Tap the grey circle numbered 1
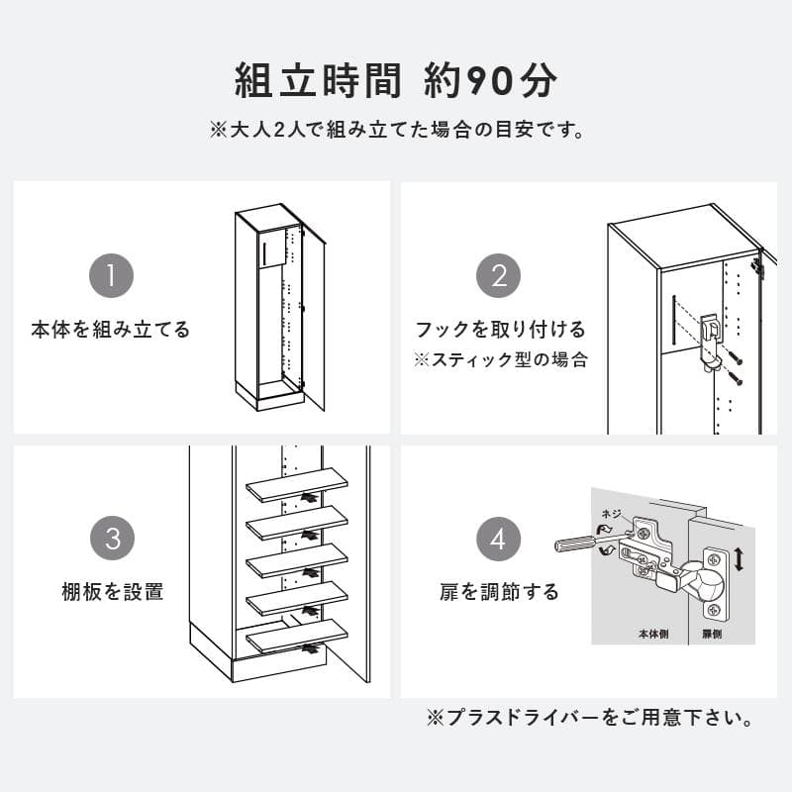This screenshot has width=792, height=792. (x=112, y=276)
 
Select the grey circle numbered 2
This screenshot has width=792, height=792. (x=499, y=276)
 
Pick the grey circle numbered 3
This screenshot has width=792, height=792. (x=112, y=540)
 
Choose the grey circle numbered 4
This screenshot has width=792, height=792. (x=499, y=540)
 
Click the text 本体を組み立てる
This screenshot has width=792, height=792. (x=111, y=330)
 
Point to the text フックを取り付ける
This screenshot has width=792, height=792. (x=500, y=330)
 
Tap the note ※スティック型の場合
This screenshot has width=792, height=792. (x=500, y=359)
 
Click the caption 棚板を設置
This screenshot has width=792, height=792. (x=112, y=592)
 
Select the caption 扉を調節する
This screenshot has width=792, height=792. (x=500, y=592)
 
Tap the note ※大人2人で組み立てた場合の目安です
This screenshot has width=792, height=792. (x=396, y=130)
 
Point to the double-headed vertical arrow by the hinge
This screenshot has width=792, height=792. (x=738, y=560)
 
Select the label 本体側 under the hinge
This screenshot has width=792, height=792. (x=652, y=634)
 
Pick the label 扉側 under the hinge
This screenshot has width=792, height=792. (x=712, y=634)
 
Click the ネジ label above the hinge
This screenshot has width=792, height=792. (x=612, y=515)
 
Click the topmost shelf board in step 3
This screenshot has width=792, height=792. (x=297, y=485)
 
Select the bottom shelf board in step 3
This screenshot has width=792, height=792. (x=297, y=635)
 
